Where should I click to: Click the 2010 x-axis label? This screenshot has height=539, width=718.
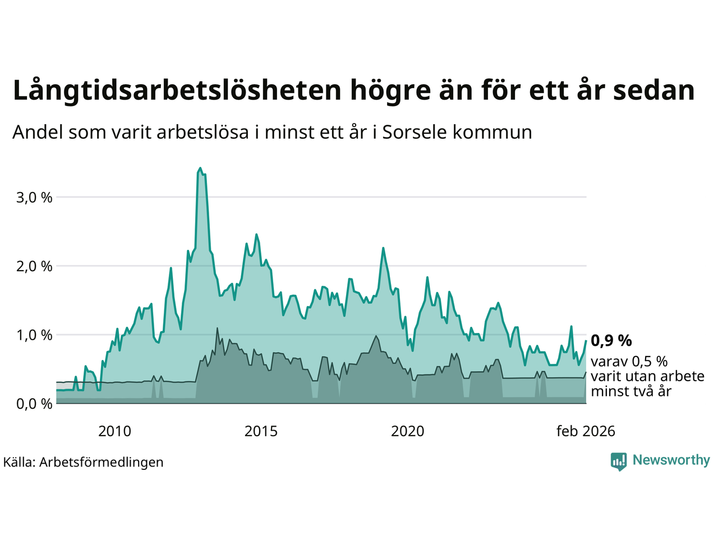114,431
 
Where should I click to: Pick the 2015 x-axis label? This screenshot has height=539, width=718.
261,431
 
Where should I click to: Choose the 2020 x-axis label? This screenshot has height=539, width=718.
407,431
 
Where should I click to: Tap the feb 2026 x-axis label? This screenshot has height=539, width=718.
586,431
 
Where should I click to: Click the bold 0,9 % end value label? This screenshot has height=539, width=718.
611,340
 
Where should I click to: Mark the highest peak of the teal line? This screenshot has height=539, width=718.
200,168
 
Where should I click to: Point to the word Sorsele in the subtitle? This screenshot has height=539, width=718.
415,133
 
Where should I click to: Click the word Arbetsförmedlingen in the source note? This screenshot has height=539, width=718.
102,462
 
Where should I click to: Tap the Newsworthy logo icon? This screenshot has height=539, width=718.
619,461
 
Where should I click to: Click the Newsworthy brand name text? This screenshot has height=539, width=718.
671,460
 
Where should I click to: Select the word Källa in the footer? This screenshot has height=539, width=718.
19,462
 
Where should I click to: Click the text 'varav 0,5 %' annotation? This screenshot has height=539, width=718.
629,362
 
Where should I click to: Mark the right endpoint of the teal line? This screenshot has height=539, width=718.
586,341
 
